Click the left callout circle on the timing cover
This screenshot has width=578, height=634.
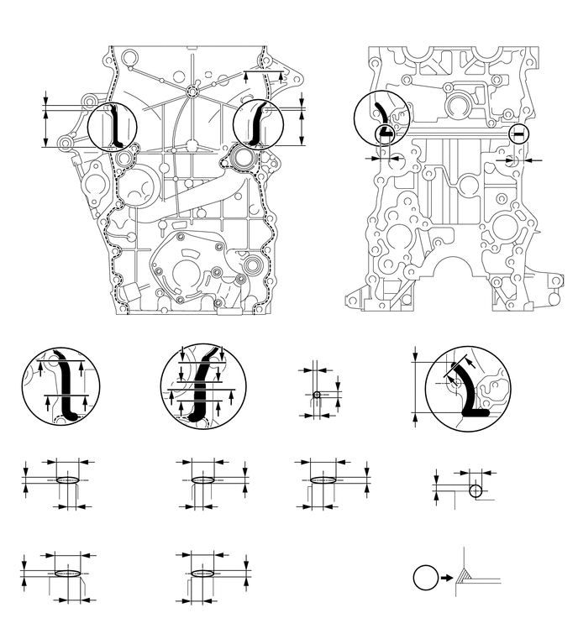pos(112,127)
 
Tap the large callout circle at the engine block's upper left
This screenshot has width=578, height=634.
pos(379,117)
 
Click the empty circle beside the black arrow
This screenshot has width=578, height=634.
pos(426,578)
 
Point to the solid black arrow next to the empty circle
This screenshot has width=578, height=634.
pos(445,578)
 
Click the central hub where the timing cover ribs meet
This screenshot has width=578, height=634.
pos(192,90)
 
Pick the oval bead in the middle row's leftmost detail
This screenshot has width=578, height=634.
pos(68,480)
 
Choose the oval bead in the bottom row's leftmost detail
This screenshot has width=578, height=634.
pos(67,573)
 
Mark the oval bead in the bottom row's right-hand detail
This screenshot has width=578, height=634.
pos(204,573)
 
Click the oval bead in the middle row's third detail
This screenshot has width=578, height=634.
pos(323,480)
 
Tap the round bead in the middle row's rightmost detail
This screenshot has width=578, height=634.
pos(476,490)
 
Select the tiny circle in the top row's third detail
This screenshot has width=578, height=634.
pos(317,395)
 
